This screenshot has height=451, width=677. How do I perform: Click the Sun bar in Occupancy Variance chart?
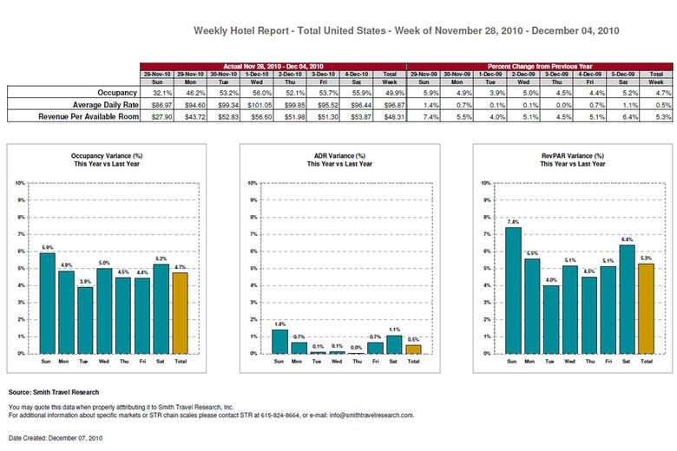47,304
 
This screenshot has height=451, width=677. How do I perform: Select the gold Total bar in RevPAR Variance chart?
647,309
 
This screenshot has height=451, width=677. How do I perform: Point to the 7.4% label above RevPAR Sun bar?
514,222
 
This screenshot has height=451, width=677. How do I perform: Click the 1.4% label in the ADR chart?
280,324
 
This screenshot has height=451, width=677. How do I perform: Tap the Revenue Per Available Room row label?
79,114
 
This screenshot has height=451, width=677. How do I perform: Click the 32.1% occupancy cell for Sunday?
157,91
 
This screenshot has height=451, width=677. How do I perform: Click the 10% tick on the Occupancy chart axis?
20,184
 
